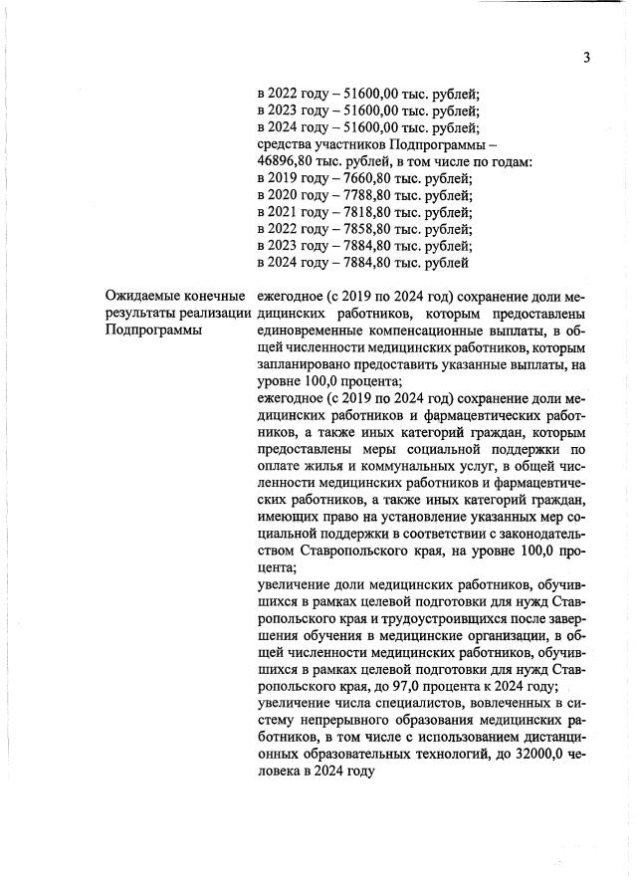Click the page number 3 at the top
[587, 57]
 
